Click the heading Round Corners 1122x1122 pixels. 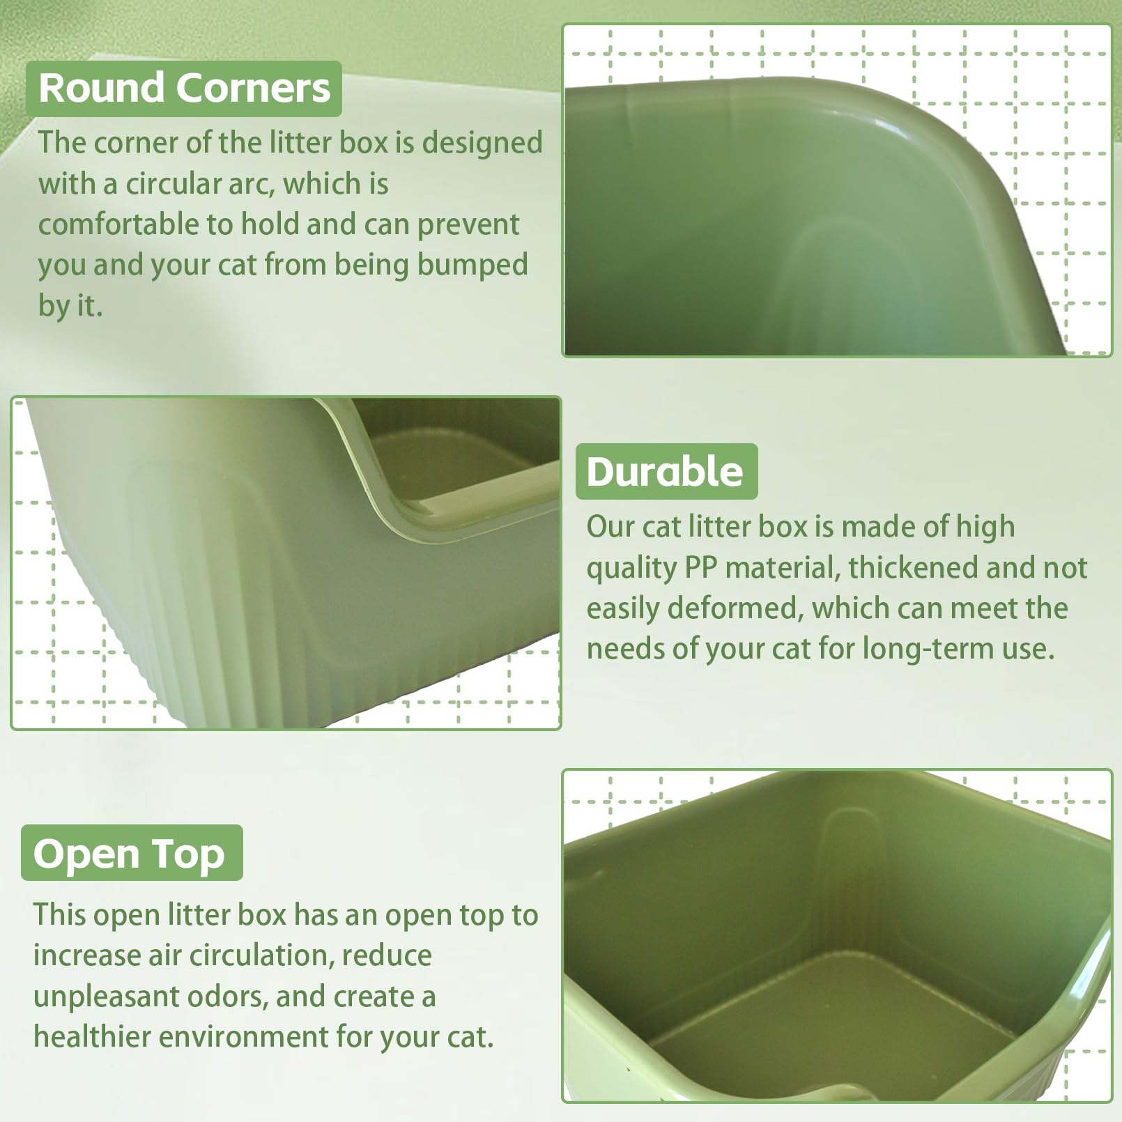[184, 89]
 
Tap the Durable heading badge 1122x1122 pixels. [666, 472]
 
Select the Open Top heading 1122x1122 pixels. [130, 853]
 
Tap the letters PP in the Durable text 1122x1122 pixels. [700, 567]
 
